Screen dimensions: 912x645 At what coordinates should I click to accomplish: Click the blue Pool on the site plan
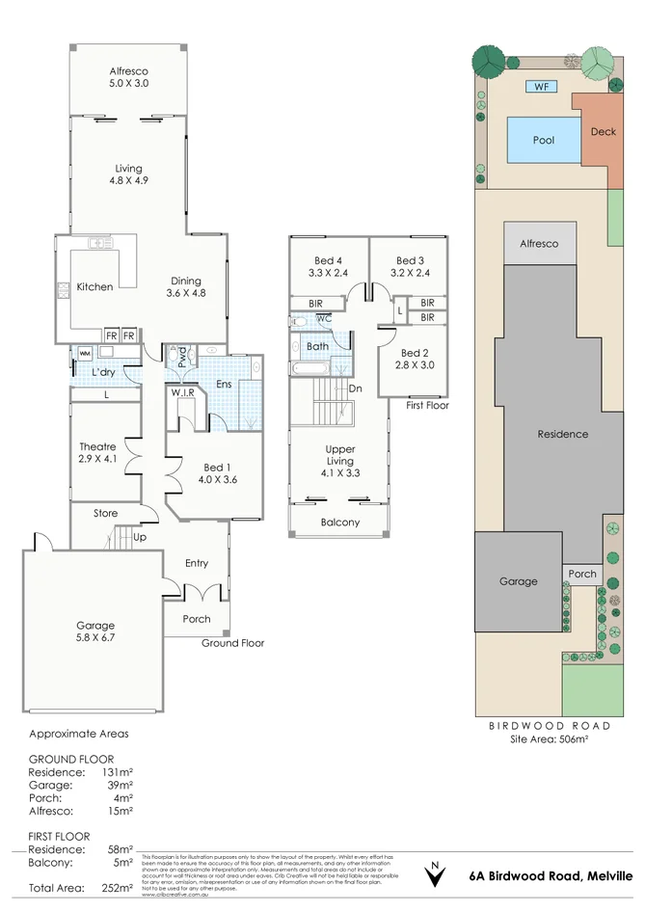point(544,140)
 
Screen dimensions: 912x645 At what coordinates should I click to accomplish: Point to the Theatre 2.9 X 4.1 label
point(97,454)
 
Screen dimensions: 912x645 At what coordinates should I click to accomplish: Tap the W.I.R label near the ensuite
point(183,392)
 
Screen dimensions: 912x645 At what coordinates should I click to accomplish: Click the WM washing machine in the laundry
point(85,354)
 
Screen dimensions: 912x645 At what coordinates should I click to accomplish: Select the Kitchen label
point(94,286)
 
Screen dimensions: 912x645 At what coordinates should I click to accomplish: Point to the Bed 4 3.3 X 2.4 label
point(328,267)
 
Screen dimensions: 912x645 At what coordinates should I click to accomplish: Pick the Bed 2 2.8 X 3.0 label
point(416,359)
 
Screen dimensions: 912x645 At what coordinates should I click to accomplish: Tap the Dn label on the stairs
point(355,389)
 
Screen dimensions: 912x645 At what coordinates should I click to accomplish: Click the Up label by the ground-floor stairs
point(140,537)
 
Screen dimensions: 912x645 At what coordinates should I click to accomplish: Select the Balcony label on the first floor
point(339,523)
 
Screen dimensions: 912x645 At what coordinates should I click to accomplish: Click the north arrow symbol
point(435,874)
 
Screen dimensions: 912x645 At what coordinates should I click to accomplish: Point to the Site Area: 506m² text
point(549,739)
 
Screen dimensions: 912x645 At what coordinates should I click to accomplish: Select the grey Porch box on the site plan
point(582,574)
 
